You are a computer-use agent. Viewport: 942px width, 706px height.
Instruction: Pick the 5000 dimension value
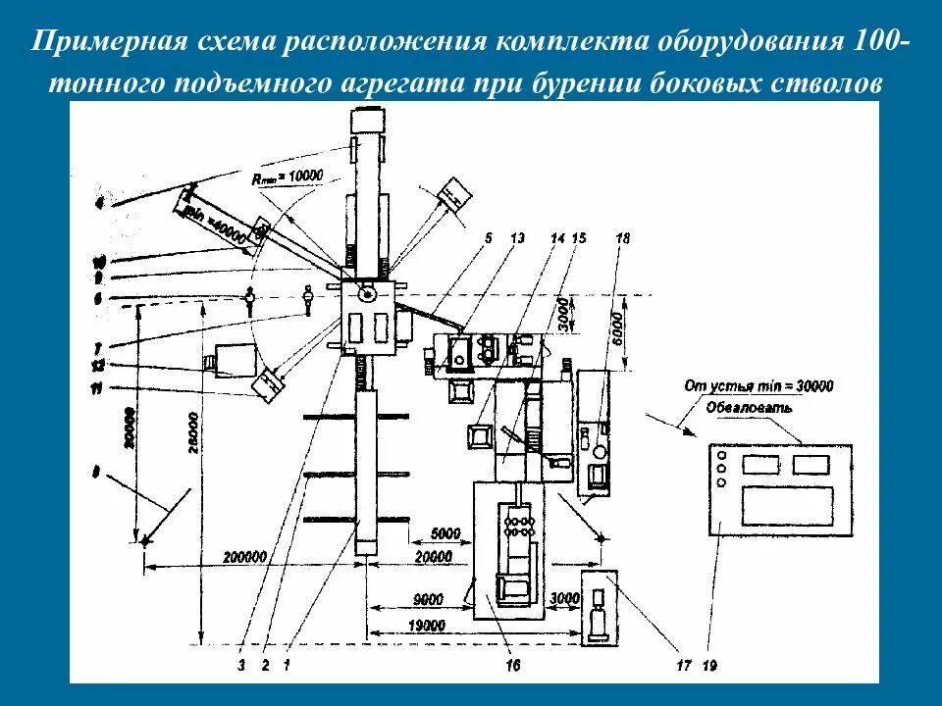pos(445,534)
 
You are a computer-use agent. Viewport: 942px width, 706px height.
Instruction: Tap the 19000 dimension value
pos(428,626)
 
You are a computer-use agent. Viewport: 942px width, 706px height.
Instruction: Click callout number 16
pos(512,666)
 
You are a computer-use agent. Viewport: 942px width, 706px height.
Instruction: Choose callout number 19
pos(709,666)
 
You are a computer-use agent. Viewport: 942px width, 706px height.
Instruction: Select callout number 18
pos(621,238)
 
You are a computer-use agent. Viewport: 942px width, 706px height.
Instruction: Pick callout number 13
pos(518,238)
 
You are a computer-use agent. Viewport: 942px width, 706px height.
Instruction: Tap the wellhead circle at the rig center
pos(368,293)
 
